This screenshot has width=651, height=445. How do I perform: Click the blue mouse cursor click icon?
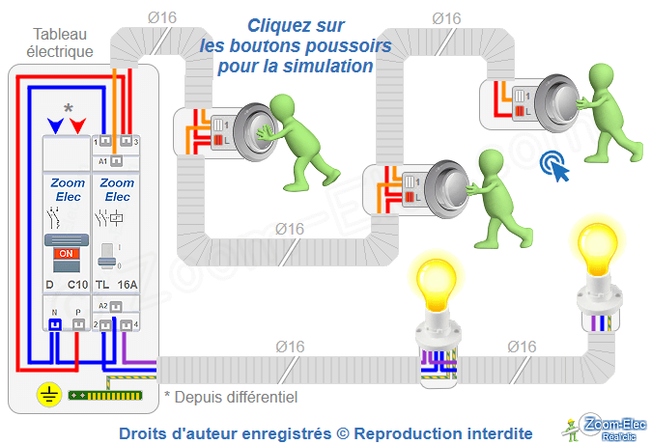pyautogui.click(x=554, y=166)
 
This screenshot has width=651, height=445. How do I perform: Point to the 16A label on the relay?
pyautogui.click(x=126, y=285)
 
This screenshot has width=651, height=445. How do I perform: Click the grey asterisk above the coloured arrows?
pyautogui.click(x=68, y=109)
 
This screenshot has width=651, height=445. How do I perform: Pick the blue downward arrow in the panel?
pyautogui.click(x=56, y=125)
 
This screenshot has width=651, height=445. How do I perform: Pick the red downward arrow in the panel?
pyautogui.click(x=78, y=125)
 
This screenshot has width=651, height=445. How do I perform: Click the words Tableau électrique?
pyautogui.click(x=60, y=42)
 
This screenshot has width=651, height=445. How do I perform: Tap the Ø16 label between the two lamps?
pyautogui.click(x=521, y=347)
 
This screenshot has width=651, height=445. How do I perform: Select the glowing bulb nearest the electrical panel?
pyautogui.click(x=437, y=280)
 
